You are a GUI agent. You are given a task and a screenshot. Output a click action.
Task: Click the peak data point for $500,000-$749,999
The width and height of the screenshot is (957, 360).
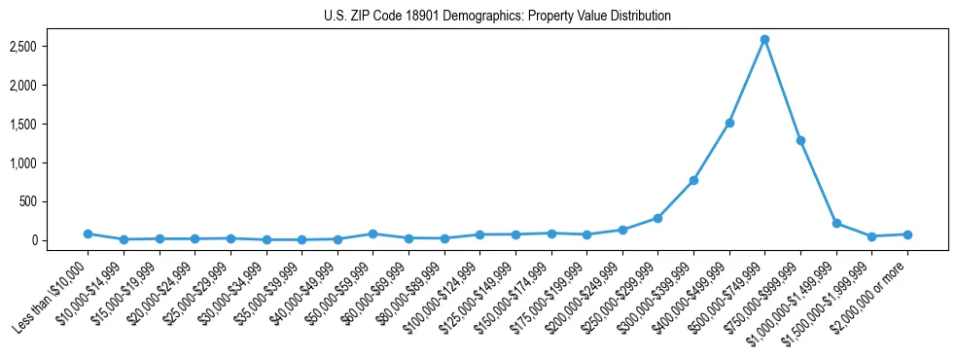tap(764, 40)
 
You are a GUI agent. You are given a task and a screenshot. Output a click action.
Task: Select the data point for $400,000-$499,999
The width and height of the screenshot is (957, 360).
tap(729, 123)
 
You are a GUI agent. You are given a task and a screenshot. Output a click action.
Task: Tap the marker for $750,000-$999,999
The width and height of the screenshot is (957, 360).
tap(800, 140)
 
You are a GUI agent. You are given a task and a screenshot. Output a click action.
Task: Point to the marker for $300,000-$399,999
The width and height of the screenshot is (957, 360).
tap(693, 180)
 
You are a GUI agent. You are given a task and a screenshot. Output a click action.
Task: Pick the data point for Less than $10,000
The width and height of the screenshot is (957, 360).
tap(88, 234)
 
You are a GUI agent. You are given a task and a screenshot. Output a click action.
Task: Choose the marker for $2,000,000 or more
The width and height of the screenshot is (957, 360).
tap(907, 234)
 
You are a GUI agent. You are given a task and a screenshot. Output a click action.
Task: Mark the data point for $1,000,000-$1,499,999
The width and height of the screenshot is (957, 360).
tap(836, 223)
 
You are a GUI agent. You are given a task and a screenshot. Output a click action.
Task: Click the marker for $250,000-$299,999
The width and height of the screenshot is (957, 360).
tap(657, 218)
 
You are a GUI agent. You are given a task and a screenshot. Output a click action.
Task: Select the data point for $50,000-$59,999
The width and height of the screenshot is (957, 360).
tap(372, 234)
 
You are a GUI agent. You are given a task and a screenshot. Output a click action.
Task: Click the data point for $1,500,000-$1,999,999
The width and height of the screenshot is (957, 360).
tap(871, 236)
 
